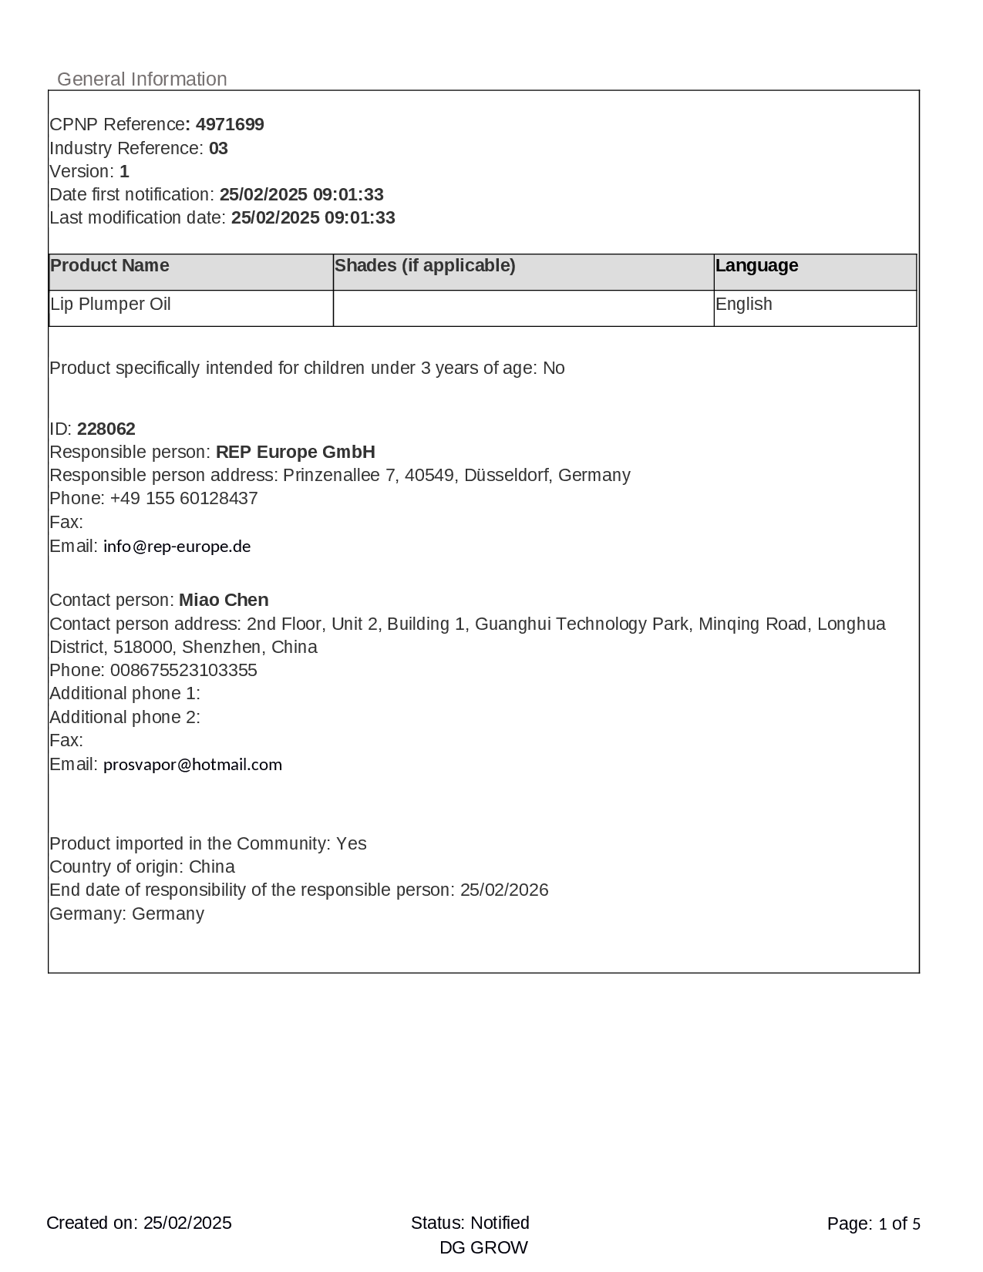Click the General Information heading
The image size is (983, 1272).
point(142,79)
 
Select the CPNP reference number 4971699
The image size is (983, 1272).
point(230,125)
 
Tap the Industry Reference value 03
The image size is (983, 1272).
point(218,148)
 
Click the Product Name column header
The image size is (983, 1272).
point(109,266)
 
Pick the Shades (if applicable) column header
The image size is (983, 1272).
point(425,266)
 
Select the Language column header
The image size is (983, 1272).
point(756,266)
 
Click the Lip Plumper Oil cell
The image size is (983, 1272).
point(110,305)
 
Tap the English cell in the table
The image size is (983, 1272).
point(743,305)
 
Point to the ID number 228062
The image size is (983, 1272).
point(106,429)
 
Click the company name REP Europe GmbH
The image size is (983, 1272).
point(295,453)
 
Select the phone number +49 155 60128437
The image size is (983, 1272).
point(183,499)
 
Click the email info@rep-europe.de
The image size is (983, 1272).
point(177,547)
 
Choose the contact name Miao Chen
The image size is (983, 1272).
point(224,601)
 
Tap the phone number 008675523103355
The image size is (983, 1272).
point(183,671)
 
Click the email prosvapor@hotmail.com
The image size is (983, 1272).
point(193,765)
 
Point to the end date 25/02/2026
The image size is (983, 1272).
point(504,890)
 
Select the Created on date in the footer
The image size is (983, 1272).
point(187,1223)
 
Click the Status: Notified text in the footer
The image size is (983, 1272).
point(470,1223)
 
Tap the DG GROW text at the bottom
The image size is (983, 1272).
point(483,1248)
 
